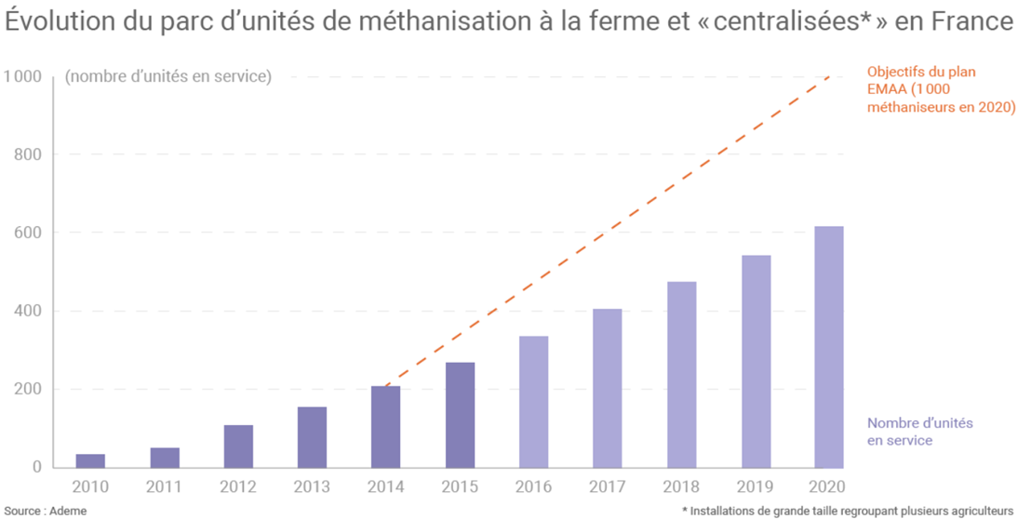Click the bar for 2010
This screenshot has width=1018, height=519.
pos(90,460)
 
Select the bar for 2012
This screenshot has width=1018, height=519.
pos(238,446)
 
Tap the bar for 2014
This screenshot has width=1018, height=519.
pos(386,427)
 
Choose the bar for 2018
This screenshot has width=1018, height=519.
pos(681,375)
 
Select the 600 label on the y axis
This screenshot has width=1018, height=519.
pos(30,233)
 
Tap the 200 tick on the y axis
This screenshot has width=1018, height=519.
pos(30,389)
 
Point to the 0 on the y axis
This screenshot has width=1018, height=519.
pos(36,467)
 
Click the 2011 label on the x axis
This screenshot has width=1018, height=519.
pos(165,486)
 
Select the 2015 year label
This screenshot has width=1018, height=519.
pos(460,486)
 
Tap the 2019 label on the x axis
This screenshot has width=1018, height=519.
pos(755,486)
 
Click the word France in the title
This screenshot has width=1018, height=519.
pos(968,21)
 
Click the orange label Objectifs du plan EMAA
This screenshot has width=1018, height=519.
pos(940,90)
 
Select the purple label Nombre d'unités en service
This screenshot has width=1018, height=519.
pos(919,432)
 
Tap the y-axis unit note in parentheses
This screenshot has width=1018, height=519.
pos(168,76)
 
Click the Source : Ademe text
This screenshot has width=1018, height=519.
pos(46,511)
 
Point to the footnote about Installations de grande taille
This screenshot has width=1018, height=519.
pos(849,511)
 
